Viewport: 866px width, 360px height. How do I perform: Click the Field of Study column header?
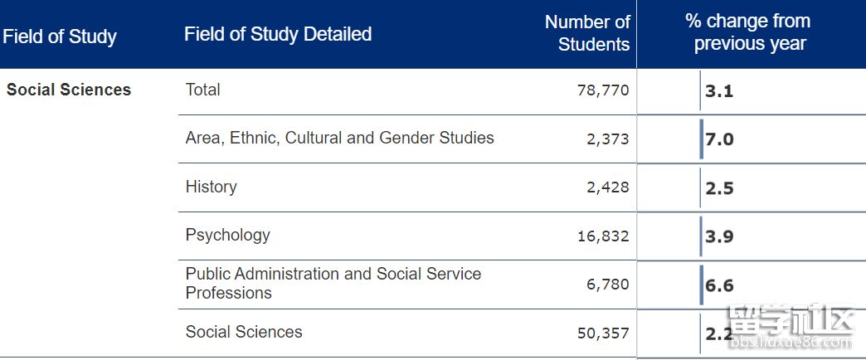[x=60, y=36]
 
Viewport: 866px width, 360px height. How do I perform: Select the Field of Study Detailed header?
[x=278, y=34]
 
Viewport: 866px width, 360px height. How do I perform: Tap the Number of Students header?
[x=587, y=33]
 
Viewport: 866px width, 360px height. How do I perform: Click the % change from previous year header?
[x=749, y=33]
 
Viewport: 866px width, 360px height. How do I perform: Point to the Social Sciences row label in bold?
[x=69, y=90]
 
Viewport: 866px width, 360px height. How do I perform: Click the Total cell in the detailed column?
[x=203, y=90]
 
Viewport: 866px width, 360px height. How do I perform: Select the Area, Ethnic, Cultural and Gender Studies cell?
[x=339, y=138]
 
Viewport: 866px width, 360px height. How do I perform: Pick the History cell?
[x=211, y=187]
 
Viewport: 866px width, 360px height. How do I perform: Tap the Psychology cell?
[x=228, y=235]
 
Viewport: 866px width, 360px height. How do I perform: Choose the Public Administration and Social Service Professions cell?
[x=333, y=283]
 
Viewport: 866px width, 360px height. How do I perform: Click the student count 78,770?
[x=603, y=90]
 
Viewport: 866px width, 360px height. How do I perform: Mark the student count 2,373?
[x=608, y=139]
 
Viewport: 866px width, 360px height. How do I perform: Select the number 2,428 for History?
[x=608, y=187]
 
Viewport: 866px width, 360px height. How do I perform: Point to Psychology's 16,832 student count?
[x=603, y=236]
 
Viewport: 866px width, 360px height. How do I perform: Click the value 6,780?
[x=608, y=285]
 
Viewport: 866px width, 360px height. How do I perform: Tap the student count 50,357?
[x=603, y=333]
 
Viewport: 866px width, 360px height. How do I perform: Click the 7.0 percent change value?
[x=719, y=139]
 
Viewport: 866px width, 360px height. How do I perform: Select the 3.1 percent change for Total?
[x=719, y=91]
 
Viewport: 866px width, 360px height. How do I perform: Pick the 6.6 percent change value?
[x=719, y=285]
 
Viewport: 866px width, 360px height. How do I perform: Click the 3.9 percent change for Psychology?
[x=719, y=236]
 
